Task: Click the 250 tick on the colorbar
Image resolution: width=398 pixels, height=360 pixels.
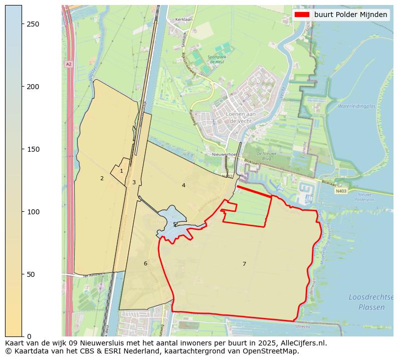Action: [x=23, y=24]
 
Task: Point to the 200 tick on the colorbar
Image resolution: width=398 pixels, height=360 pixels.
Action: [x=23, y=87]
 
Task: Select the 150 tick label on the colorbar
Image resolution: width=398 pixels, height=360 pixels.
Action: [x=33, y=149]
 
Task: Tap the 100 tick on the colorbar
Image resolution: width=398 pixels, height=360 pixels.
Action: [x=23, y=212]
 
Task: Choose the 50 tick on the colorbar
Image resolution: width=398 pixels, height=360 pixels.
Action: [x=23, y=274]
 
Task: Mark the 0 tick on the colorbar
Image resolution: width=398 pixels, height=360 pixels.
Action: [x=23, y=336]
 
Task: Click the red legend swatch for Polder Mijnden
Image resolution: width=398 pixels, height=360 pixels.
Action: [x=302, y=15]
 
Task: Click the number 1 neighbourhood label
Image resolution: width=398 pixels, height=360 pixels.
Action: [x=121, y=171]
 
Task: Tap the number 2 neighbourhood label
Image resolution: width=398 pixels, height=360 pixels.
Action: [x=102, y=178]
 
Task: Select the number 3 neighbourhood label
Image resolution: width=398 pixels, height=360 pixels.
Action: [x=134, y=182]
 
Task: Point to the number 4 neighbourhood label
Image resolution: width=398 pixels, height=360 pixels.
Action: [x=183, y=185]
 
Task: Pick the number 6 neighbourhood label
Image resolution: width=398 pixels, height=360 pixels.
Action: [x=145, y=263]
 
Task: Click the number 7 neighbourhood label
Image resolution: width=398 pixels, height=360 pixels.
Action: [x=244, y=264]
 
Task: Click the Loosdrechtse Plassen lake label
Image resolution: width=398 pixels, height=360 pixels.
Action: [x=367, y=302]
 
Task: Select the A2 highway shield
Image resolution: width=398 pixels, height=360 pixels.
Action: [x=68, y=64]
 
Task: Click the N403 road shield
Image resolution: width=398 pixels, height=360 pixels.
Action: [x=341, y=191]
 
